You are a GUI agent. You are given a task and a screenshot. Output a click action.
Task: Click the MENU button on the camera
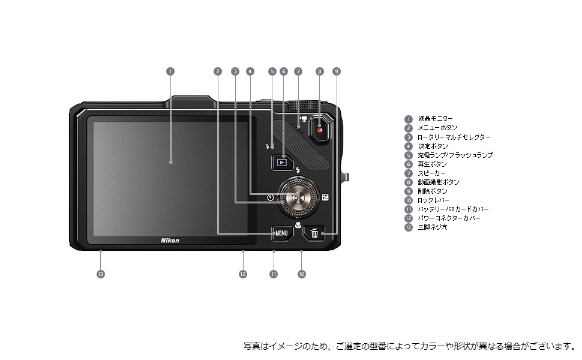point(281,232)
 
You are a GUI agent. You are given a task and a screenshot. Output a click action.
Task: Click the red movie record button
point(320,128)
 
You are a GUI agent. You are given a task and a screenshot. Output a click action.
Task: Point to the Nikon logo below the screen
point(170,240)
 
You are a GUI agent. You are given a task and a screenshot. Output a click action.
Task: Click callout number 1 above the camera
point(170,71)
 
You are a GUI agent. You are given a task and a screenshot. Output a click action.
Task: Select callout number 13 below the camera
point(100,274)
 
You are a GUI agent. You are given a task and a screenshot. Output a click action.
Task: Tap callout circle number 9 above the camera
point(337,71)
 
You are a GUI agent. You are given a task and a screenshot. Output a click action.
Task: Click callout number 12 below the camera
point(243,274)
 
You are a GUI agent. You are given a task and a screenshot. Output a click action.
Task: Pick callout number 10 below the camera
point(301,274)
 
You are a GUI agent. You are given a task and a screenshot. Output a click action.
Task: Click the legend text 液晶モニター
point(436,119)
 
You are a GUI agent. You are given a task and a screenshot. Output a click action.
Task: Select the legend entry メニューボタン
point(437,128)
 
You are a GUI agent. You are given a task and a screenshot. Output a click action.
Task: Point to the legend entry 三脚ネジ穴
point(433,227)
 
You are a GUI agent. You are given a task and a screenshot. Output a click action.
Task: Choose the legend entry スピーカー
point(432,173)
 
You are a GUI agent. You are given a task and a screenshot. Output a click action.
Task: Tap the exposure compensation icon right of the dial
point(325,197)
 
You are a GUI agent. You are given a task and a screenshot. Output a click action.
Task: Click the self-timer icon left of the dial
point(271,197)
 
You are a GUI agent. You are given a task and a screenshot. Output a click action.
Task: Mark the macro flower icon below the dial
point(298,224)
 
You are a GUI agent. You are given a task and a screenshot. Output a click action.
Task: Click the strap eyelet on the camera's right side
point(344,177)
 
